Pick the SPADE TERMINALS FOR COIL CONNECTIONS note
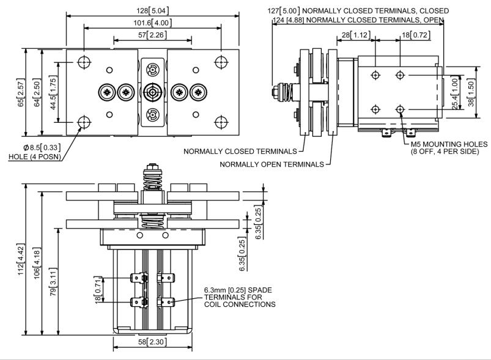point(240,298)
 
